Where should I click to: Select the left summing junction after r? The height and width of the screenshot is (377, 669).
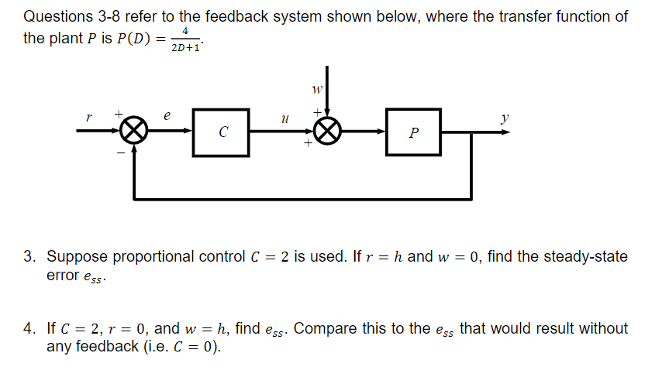136,132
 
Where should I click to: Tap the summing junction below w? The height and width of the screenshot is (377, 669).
328,132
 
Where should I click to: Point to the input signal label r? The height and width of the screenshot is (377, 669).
89,118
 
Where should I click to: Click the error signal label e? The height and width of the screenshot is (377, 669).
166,115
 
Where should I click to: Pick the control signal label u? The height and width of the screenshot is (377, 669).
285,119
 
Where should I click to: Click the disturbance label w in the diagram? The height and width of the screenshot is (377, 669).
316,91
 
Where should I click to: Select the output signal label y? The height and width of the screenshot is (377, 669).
505,118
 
